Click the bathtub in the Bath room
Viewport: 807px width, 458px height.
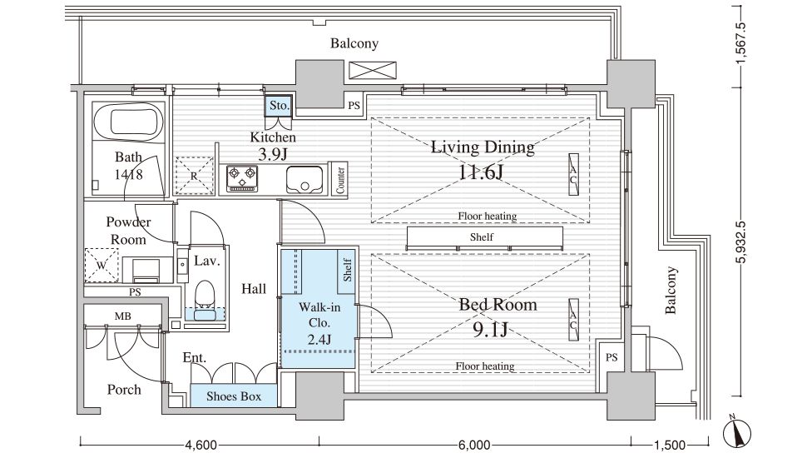click(128, 122)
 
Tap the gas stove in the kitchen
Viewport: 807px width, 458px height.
click(242, 178)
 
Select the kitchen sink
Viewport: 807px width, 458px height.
click(304, 179)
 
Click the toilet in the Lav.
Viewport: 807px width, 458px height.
click(205, 295)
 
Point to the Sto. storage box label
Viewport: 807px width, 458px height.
click(279, 106)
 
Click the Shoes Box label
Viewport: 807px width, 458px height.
click(234, 396)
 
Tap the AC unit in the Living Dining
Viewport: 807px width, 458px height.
click(573, 174)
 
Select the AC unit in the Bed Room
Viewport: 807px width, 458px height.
click(573, 320)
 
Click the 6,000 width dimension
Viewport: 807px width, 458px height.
click(473, 445)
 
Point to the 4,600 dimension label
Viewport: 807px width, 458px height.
click(201, 445)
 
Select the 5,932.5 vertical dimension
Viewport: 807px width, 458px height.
click(740, 242)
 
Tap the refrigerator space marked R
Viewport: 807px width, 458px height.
click(194, 176)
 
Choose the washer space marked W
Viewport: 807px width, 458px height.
click(101, 266)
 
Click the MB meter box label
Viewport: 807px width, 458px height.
click(122, 316)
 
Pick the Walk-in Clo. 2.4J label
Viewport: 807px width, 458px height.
click(319, 323)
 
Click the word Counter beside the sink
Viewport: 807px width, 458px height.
click(340, 180)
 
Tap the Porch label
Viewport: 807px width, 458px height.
click(124, 390)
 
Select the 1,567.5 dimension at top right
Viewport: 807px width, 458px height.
click(740, 44)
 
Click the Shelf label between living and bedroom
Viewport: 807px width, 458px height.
click(481, 237)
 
